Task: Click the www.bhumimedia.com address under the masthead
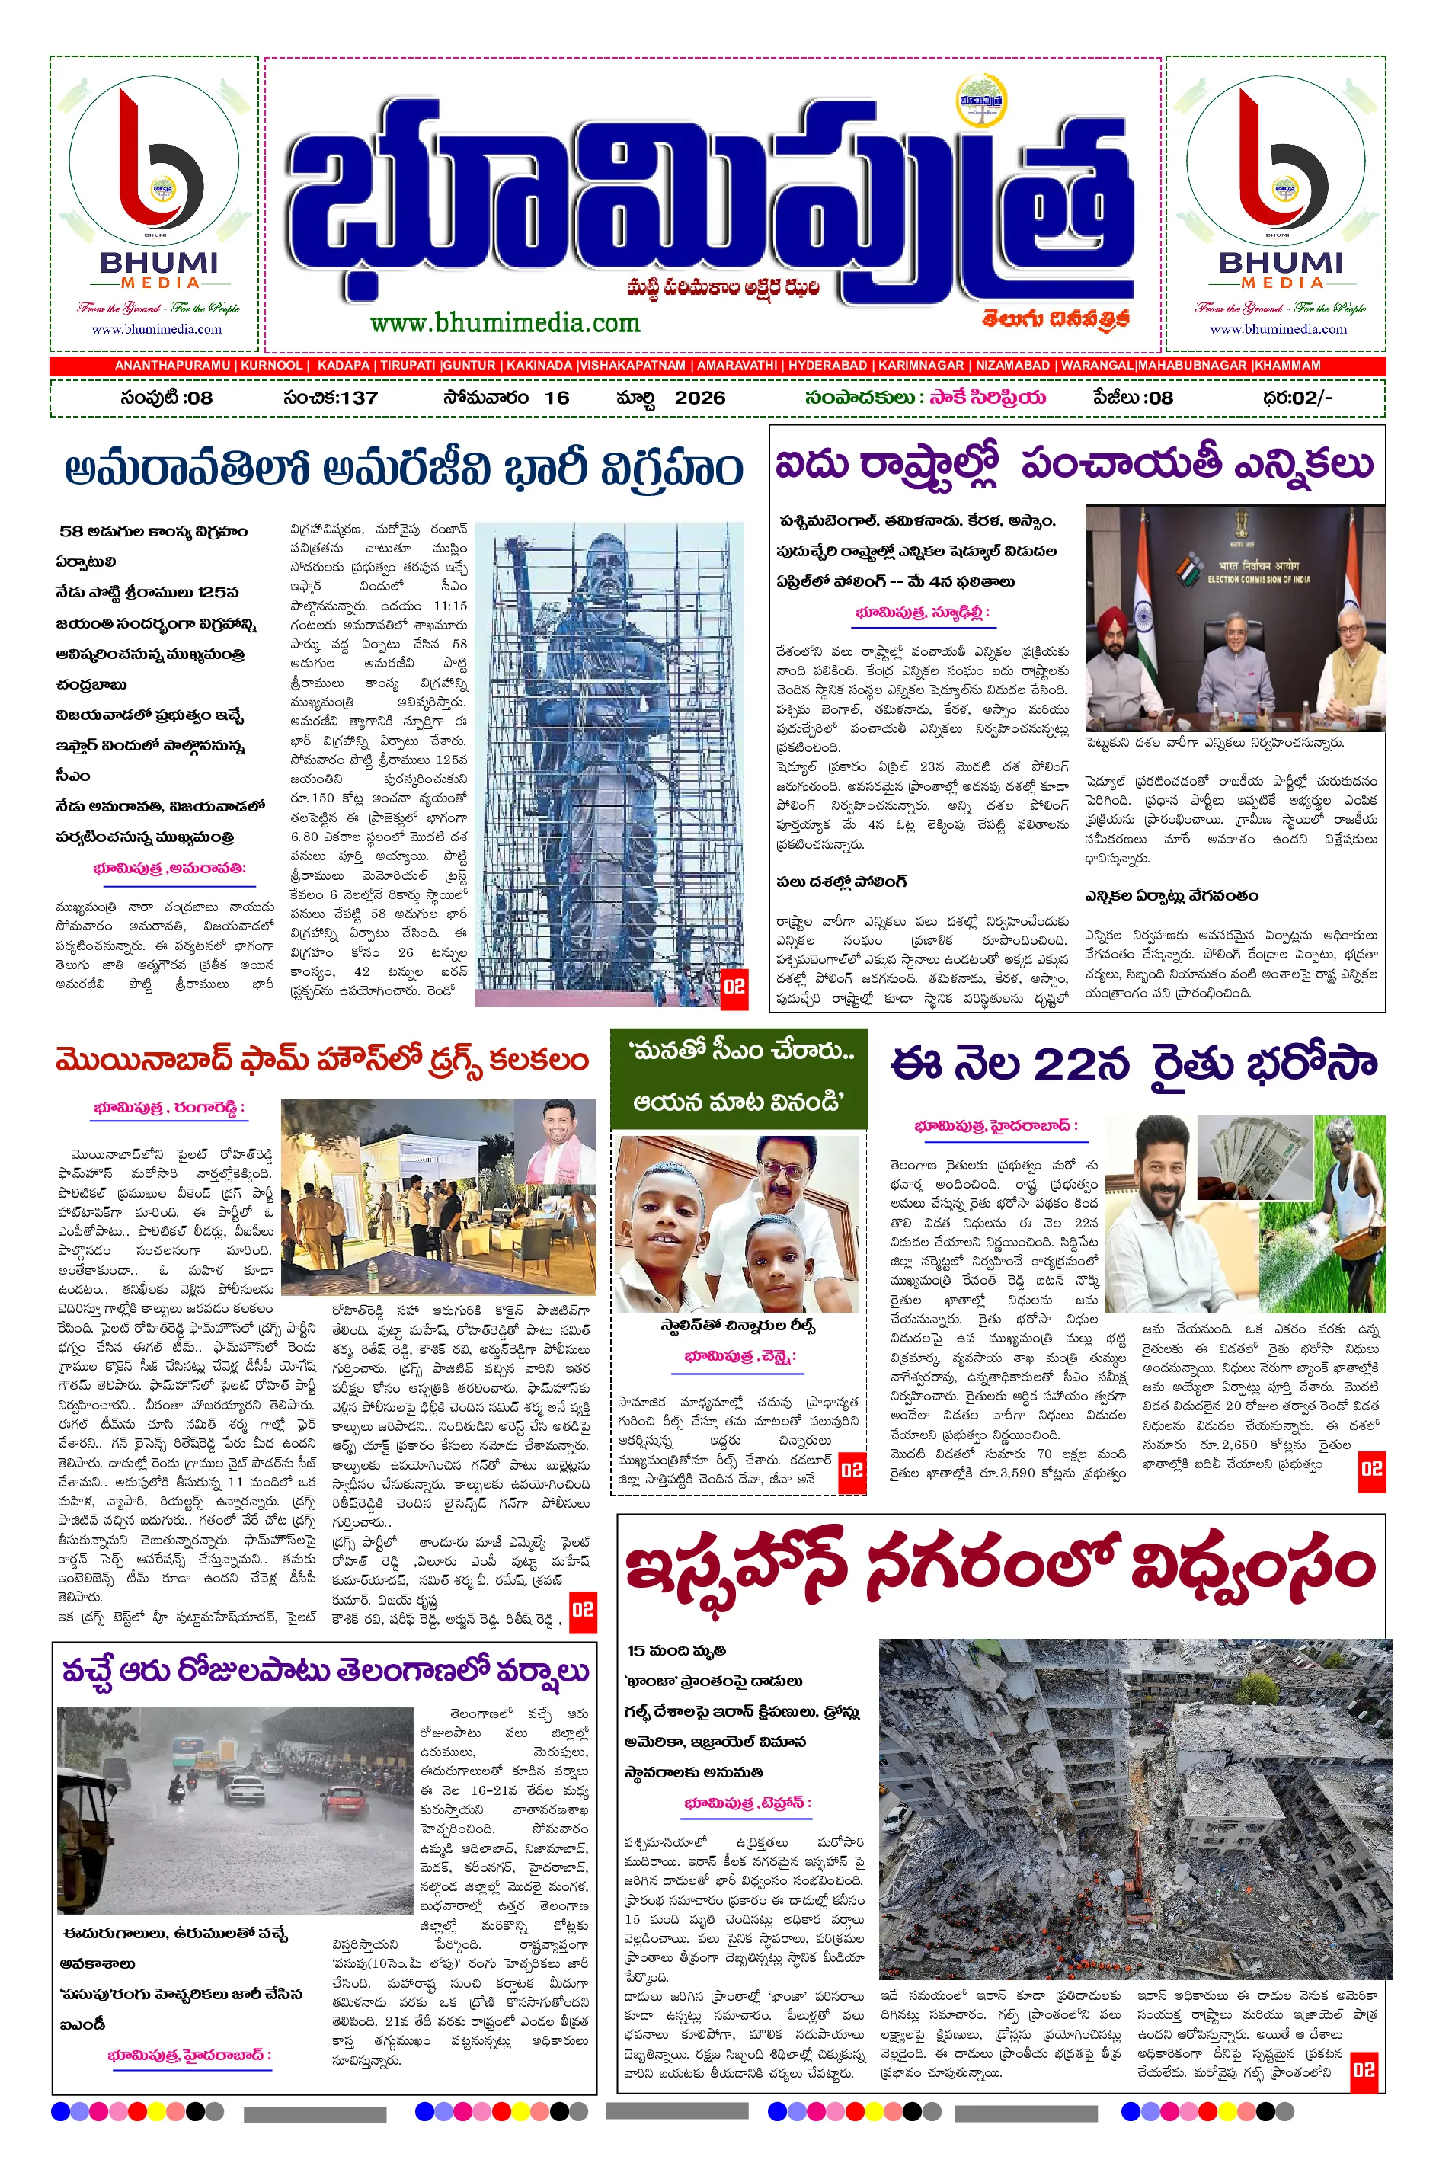(x=504, y=323)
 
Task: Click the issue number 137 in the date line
(x=358, y=398)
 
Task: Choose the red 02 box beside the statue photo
(x=734, y=987)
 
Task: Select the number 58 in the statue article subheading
(x=72, y=531)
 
